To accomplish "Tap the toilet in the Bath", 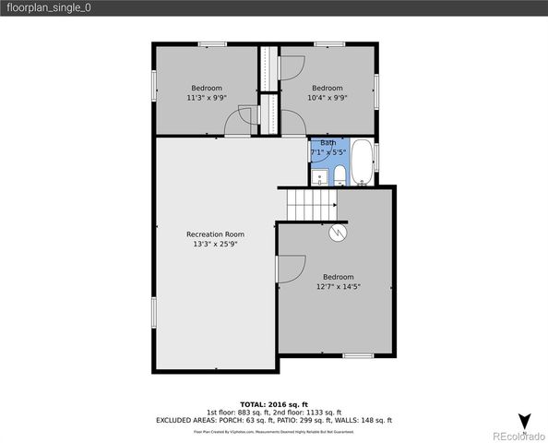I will (x=340, y=175).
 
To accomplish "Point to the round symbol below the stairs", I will (x=339, y=233).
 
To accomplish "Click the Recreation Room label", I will (x=215, y=234).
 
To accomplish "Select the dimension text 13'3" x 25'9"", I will (x=215, y=245).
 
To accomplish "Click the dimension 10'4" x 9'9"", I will (x=328, y=97).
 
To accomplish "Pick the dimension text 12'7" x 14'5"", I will (x=338, y=287).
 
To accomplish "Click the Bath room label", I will (x=328, y=142).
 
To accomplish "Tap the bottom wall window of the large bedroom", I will (x=357, y=355).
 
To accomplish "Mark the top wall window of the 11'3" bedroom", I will (x=212, y=43).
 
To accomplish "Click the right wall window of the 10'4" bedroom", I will (x=376, y=91).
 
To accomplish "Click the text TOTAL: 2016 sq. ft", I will (x=274, y=404).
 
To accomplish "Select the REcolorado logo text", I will (x=518, y=436).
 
